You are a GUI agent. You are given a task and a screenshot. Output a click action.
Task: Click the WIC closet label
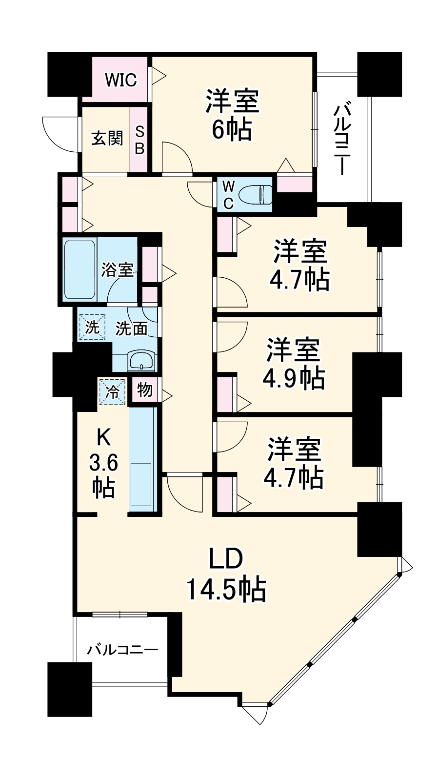click(120, 80)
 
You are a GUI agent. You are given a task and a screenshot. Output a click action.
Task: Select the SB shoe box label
click(139, 140)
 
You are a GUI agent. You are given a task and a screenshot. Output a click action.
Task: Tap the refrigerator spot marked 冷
click(113, 392)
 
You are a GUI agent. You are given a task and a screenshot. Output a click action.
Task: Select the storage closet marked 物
click(145, 390)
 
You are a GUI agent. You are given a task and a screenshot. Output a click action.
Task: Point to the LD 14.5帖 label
click(225, 576)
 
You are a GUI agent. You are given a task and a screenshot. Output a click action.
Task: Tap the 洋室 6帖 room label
click(231, 116)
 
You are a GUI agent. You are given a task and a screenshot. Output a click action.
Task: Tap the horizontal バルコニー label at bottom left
click(122, 650)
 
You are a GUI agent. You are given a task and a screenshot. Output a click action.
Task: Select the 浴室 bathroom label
click(118, 269)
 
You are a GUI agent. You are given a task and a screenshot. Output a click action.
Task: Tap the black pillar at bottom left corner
click(70, 689)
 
